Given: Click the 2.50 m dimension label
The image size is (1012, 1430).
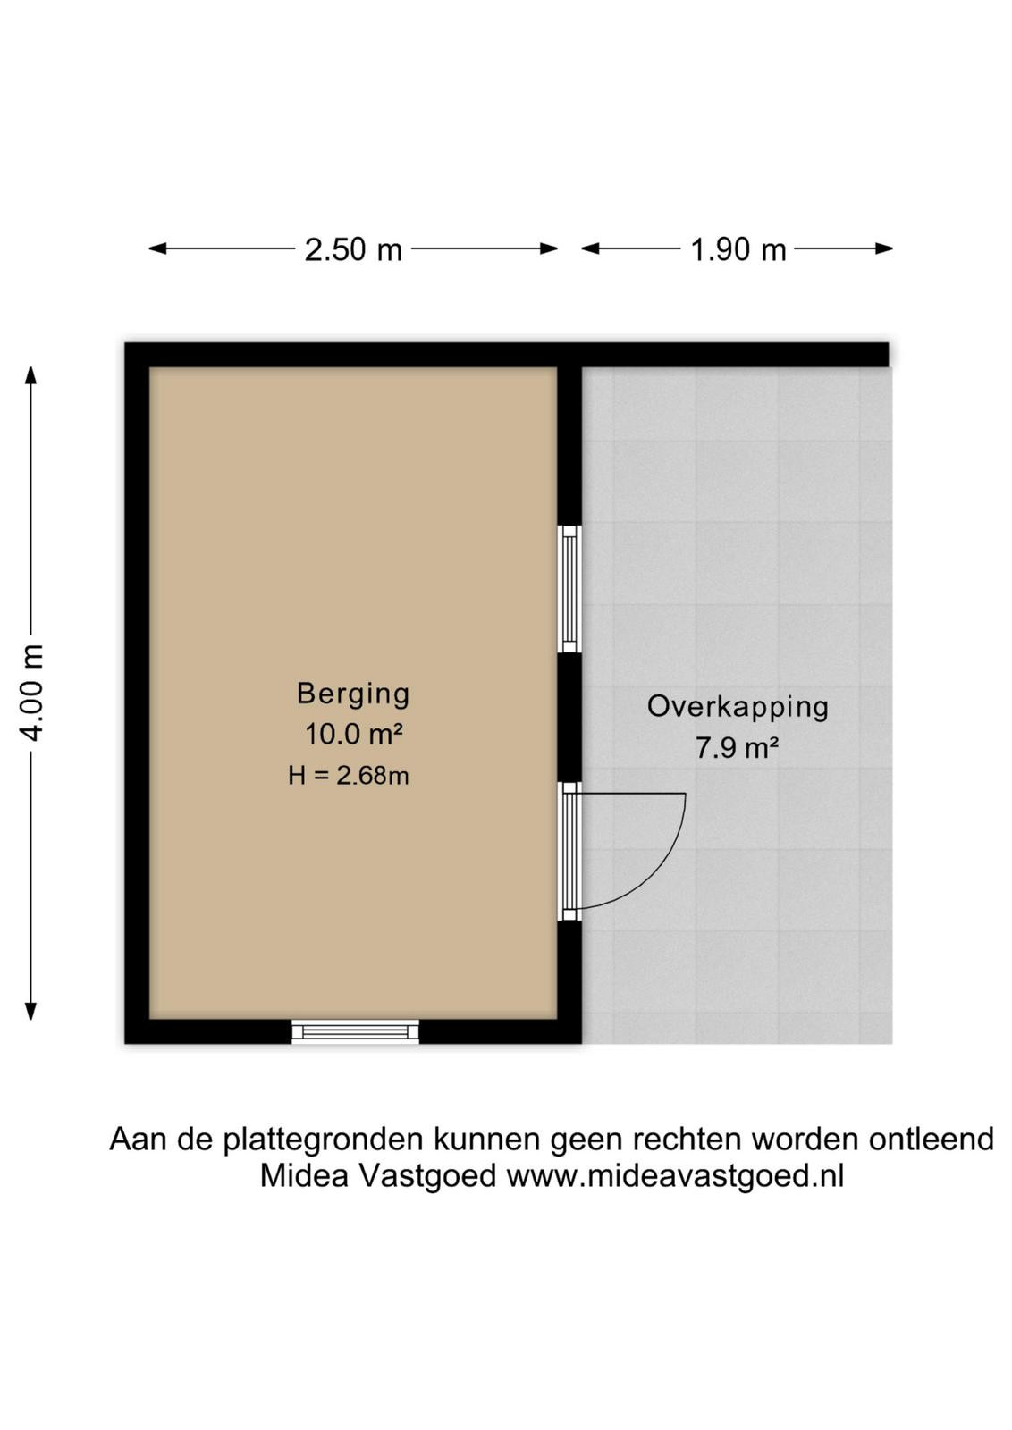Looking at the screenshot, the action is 353,249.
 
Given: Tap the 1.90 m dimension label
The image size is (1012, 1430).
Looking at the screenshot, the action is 738,249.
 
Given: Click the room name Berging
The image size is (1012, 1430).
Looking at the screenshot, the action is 353,694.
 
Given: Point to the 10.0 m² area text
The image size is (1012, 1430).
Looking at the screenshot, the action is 353,734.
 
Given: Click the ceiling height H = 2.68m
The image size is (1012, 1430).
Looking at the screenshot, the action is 349,776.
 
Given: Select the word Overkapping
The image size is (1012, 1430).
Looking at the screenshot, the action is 738,707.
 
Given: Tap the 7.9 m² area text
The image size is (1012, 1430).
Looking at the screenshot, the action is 737,747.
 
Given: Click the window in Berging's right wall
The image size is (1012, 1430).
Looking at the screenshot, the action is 569,589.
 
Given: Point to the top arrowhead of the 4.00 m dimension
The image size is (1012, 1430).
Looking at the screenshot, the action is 30,374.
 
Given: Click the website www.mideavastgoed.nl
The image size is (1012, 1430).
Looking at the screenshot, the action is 675,1175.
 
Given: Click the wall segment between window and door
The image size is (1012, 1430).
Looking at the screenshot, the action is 569,718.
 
